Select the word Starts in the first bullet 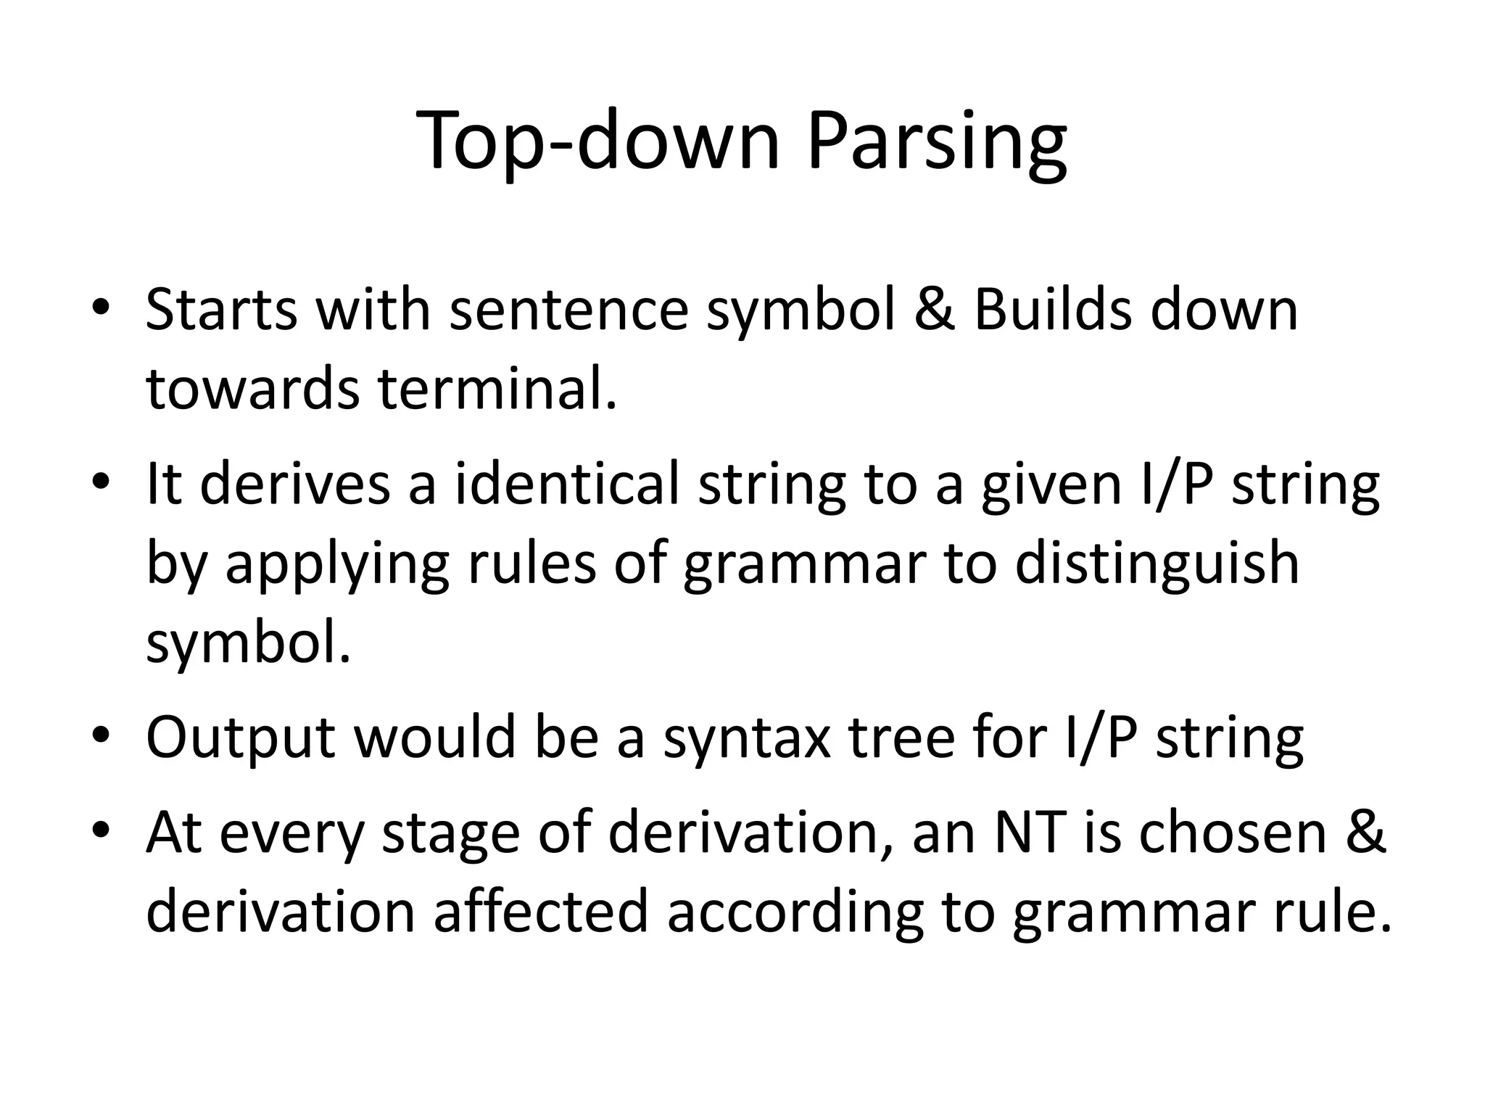point(221,310)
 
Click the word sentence point(568,310)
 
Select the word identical point(567,484)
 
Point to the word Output point(241,738)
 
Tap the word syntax point(747,738)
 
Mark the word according point(795,912)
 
